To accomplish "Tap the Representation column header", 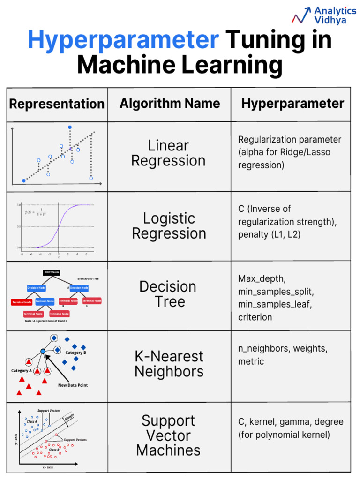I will click(57, 104).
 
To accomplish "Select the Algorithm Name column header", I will click(169, 103).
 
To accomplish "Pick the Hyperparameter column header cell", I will click(292, 104).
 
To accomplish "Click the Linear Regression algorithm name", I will click(168, 153).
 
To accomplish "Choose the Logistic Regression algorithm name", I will click(169, 225).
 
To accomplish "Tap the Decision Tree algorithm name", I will click(168, 294).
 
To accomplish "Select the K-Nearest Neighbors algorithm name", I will click(169, 364).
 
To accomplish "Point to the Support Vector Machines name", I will click(168, 435).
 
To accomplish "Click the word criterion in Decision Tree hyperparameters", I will click(255, 317).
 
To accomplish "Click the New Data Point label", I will click(73, 385).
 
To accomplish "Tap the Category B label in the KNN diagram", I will click(75, 352).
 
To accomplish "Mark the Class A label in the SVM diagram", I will click(32, 421).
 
